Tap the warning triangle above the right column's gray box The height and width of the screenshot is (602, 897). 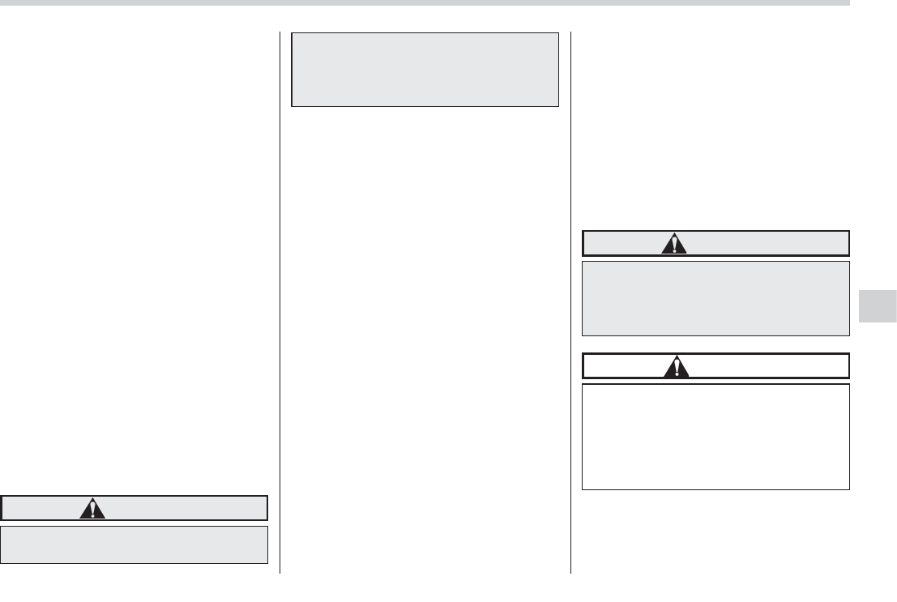pos(673,244)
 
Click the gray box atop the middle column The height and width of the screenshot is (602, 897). pos(425,70)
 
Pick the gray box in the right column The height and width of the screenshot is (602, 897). pos(715,298)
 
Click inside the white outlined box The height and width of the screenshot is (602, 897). pos(715,437)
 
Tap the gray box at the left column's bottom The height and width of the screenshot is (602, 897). pos(135,544)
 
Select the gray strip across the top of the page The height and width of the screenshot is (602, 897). pos(425,3)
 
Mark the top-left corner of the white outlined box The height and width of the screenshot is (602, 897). pos(583,384)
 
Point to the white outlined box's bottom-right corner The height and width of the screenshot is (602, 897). pos(849,489)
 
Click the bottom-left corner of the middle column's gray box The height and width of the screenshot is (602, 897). pos(292,106)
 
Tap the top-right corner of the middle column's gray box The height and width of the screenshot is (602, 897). pos(558,33)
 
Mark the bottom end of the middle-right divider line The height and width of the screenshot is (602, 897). pos(570,573)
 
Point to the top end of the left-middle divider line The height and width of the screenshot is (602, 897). pos(280,32)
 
